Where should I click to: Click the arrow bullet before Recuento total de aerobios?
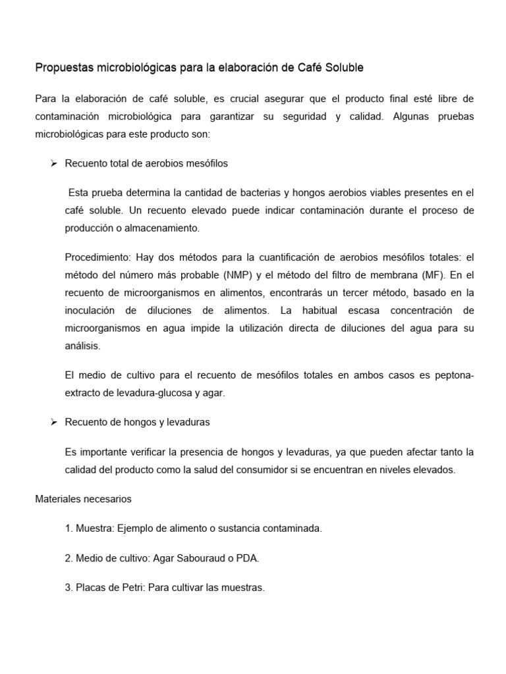pyautogui.click(x=55, y=163)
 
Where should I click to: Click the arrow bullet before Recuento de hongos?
pyautogui.click(x=55, y=421)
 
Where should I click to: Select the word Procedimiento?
pyautogui.click(x=94, y=257)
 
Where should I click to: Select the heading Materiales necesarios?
pyautogui.click(x=83, y=499)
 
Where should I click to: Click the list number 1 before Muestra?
pyautogui.click(x=69, y=529)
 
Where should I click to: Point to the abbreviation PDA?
pyautogui.click(x=248, y=558)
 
